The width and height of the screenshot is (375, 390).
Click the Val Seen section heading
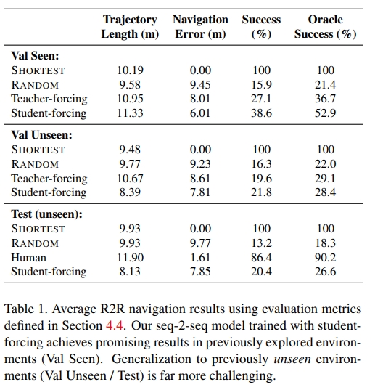tap(35, 56)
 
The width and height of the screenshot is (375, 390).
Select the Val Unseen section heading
tap(42, 135)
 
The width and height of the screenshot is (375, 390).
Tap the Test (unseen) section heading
tap(46, 214)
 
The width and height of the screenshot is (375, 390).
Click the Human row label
tap(28, 257)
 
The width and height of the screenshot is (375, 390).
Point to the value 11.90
tap(130, 257)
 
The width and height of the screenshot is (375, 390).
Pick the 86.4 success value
tap(261, 257)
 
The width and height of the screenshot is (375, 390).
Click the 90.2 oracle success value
tap(326, 257)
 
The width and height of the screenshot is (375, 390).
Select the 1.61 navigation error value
tap(200, 257)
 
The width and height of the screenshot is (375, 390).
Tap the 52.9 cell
tap(326, 113)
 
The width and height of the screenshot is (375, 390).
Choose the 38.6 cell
tap(261, 113)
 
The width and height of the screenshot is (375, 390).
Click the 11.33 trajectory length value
tap(130, 113)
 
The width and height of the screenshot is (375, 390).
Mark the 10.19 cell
tap(130, 70)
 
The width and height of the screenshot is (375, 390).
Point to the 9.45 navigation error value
tap(200, 85)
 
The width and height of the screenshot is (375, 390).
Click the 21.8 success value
tap(261, 192)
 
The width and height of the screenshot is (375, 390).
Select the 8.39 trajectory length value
tap(130, 192)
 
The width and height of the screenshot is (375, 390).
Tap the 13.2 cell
tap(261, 243)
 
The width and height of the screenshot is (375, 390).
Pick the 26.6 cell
tap(326, 272)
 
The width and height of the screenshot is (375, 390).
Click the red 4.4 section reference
tap(115, 325)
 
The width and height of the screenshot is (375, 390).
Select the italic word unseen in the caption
tap(292, 359)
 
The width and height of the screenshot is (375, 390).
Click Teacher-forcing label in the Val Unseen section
tap(49, 179)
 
